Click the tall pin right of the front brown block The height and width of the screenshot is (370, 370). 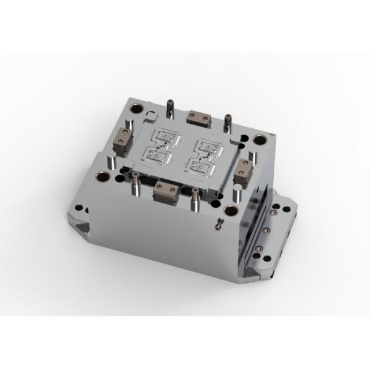(x=195, y=197)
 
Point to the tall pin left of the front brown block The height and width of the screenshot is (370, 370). (x=133, y=181)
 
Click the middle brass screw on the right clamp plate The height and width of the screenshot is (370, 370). (x=267, y=230)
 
